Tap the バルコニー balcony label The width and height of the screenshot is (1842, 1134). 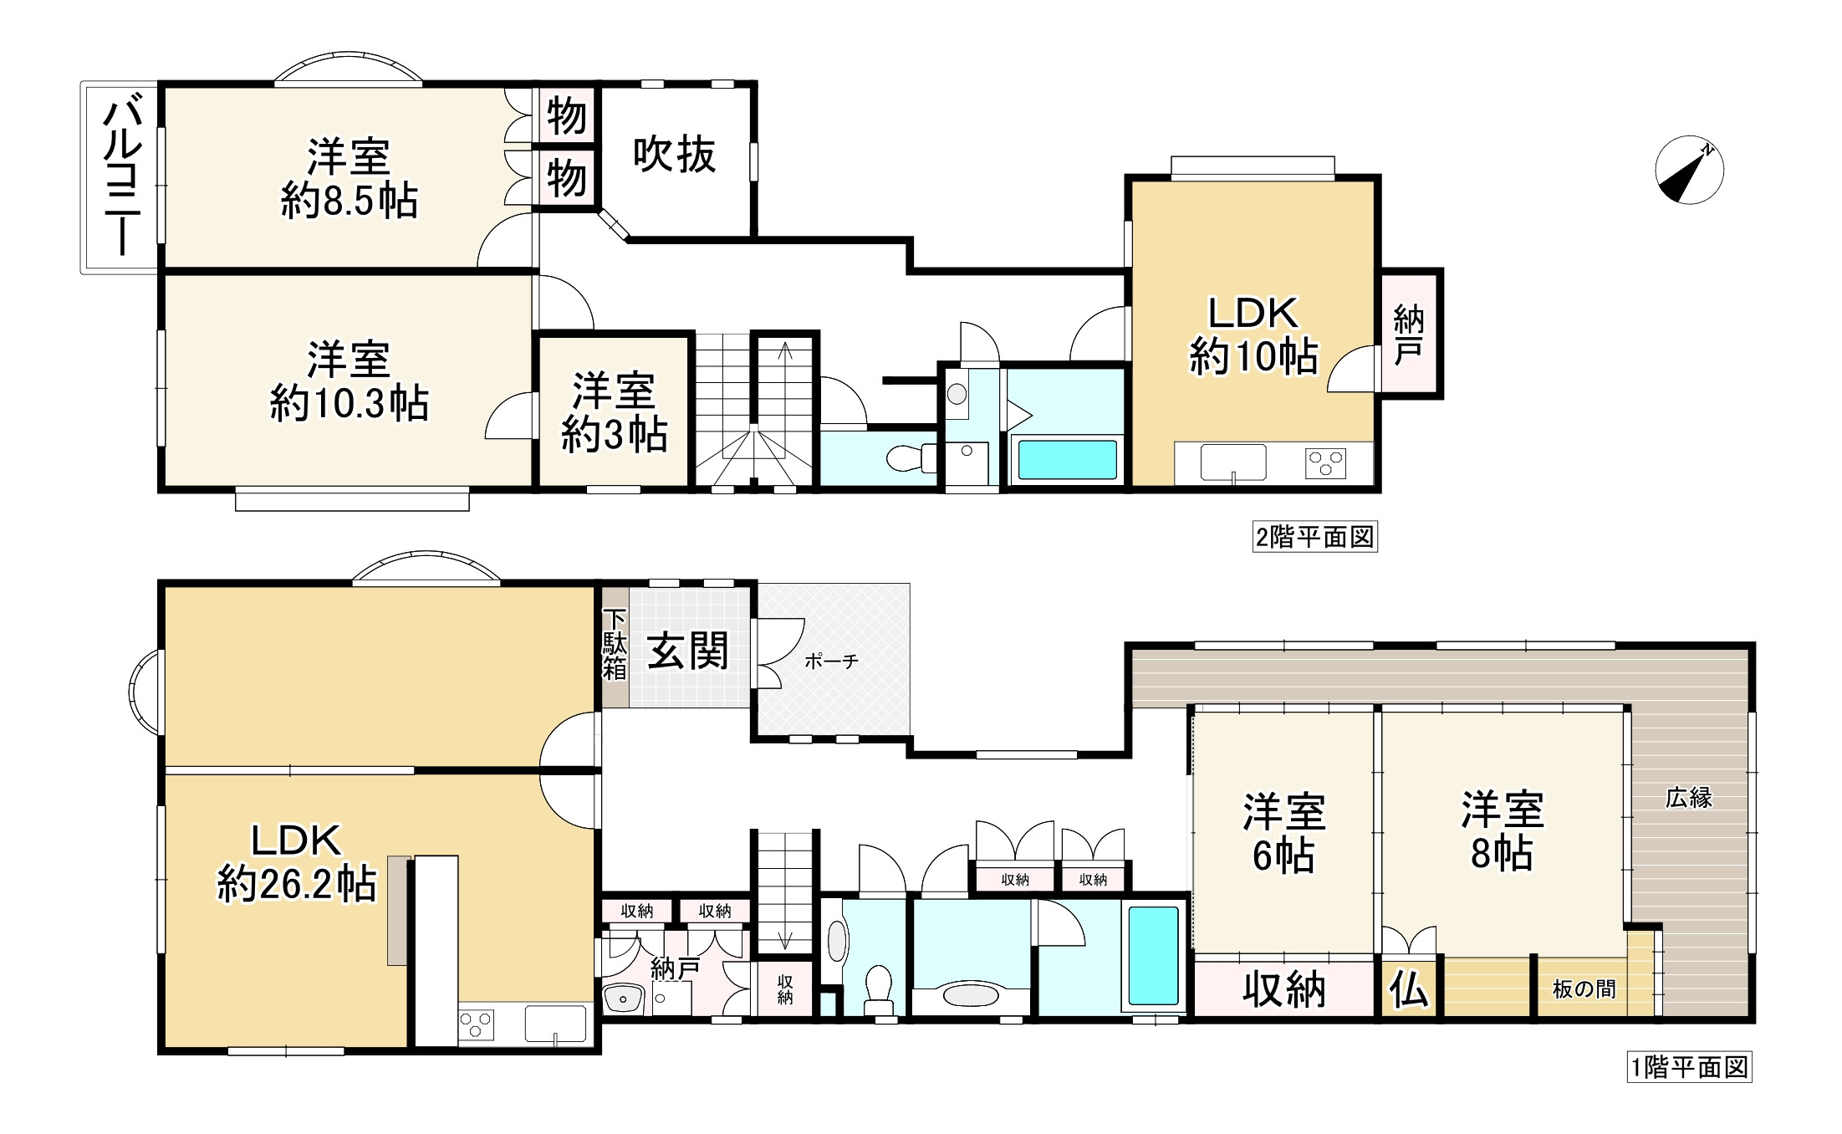click(121, 176)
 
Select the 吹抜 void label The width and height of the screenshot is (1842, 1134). click(674, 155)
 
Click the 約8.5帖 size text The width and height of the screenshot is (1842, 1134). click(349, 201)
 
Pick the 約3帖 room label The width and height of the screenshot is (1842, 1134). click(614, 434)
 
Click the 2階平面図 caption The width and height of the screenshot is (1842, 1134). click(1315, 536)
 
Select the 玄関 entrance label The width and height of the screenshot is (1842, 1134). click(687, 651)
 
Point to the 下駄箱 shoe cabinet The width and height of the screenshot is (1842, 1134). click(615, 647)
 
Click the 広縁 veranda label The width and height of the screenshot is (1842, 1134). click(1689, 798)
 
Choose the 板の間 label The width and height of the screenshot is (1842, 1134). click(1584, 989)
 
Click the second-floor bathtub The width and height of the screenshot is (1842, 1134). click(1066, 459)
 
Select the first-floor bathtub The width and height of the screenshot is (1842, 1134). click(1154, 956)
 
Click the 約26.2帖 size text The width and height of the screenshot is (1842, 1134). click(297, 884)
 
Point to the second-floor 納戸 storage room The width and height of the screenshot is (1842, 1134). click(1409, 334)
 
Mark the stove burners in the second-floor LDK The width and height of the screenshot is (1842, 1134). click(1326, 462)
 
